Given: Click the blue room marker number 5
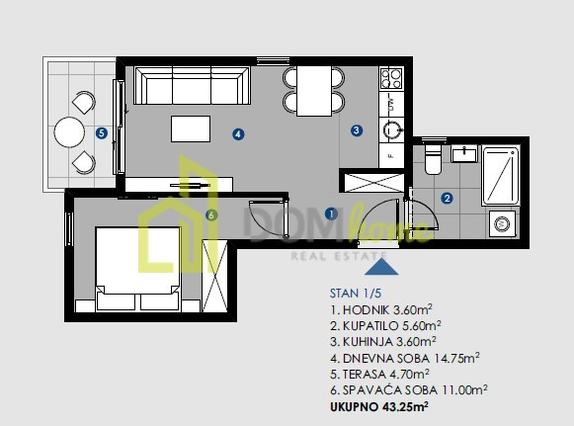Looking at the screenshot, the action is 102,133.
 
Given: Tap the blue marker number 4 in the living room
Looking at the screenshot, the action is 238,134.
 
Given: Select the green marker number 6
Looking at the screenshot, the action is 211,215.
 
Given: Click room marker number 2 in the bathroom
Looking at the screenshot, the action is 447,199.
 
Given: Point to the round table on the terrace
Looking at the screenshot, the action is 69,131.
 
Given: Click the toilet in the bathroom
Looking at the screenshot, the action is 433,159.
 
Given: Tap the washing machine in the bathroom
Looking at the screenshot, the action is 502,223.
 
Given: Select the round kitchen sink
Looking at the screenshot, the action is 391,129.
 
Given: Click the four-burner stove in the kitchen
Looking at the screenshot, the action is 391,79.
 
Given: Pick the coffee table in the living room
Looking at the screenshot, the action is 191,128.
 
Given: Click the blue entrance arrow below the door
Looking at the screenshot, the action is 381,267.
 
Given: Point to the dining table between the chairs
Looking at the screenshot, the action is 314,91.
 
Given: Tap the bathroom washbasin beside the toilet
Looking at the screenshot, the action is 464,153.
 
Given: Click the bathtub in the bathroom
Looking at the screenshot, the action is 501,176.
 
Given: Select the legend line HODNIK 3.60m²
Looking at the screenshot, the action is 381,310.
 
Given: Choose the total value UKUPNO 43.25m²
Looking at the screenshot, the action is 379,406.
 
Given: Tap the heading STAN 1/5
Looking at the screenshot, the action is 356,294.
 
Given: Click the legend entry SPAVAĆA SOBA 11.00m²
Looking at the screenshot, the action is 409,390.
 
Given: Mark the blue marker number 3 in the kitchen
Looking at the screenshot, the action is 357,130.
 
